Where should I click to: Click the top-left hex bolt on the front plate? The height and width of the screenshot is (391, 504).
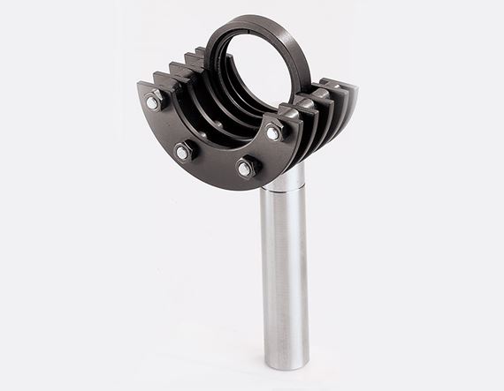152,103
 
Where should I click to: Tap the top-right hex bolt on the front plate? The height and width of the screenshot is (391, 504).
273,132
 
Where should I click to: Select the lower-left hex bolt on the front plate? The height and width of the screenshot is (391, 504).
182,152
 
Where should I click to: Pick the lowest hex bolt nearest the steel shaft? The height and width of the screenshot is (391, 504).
245,167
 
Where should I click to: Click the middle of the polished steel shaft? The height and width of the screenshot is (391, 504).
284,274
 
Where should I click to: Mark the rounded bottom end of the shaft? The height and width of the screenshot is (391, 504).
286,361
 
